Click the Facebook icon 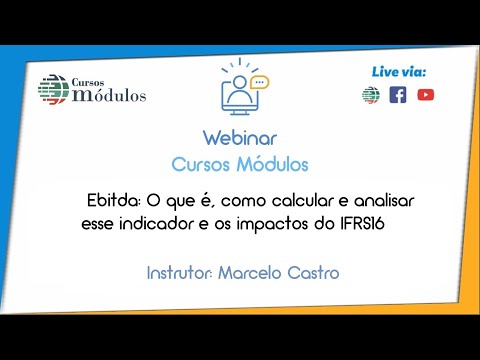coord(398,95)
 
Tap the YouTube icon coord(426,95)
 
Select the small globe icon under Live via coord(371,95)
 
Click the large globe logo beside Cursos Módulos coord(53,89)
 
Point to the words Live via coord(399,72)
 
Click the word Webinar coord(240,138)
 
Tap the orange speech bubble coord(260,82)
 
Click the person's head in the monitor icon coord(239,81)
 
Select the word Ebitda coord(114,201)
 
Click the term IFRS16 coord(362,224)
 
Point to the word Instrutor coord(179,273)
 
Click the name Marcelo coord(250,273)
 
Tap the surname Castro coord(313,273)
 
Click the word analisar coord(384,201)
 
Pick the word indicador coord(156,224)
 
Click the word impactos coord(272,224)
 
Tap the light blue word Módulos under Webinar coord(272,164)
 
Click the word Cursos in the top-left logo coord(88,82)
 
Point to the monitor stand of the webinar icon coord(240,113)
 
